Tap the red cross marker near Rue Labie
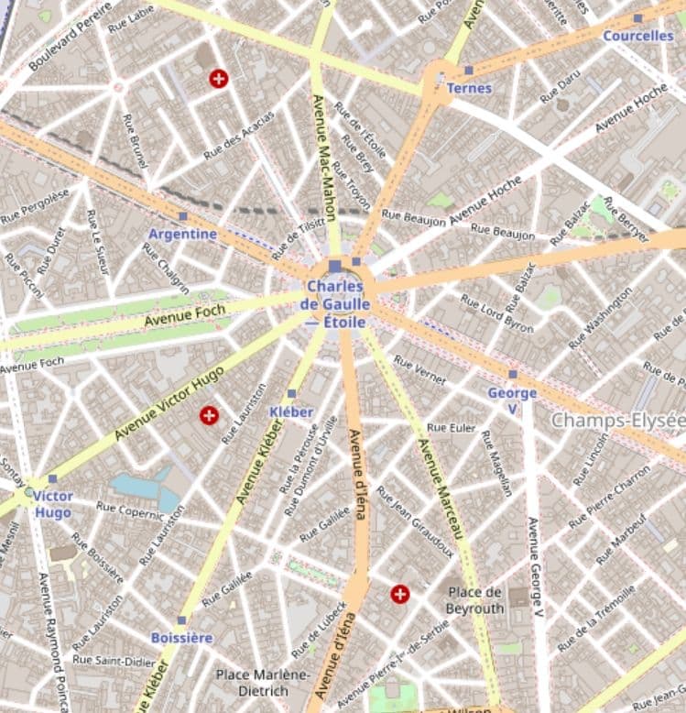218,79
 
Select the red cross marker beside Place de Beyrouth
399,595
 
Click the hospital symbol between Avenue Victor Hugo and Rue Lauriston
209,416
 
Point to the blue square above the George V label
512,374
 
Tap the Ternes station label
469,88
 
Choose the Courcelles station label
637,36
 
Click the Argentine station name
183,234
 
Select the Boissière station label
181,637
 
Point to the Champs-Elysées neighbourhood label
617,421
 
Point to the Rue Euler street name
452,428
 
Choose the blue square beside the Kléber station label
291,394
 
